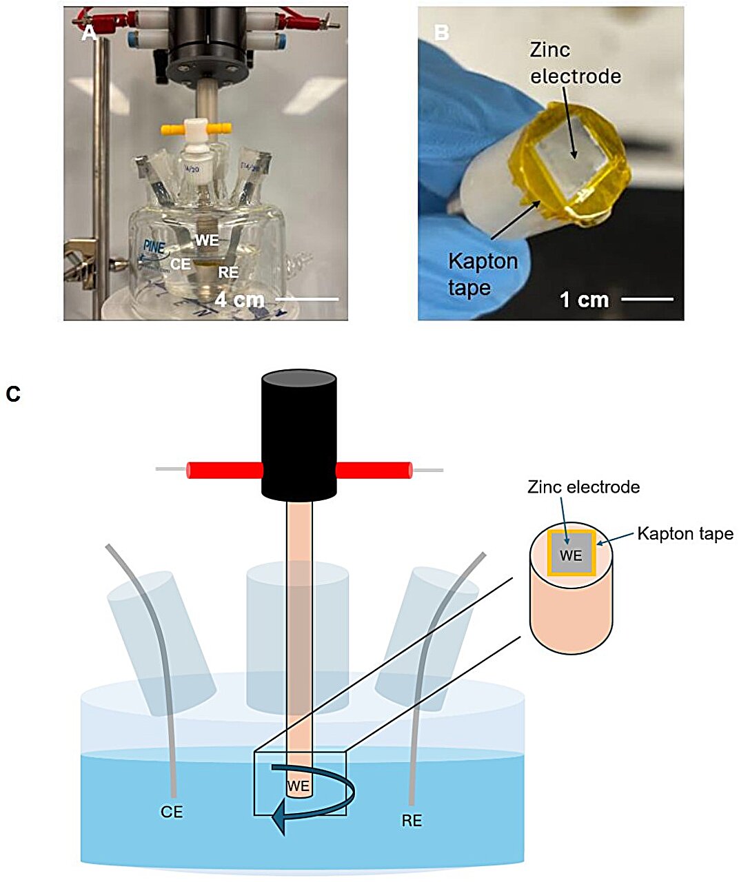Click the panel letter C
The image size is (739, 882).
(13, 393)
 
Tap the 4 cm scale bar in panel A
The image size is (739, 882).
(307, 300)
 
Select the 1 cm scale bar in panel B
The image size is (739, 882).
(647, 299)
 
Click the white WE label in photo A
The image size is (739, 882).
(207, 240)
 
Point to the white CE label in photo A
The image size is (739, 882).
(181, 264)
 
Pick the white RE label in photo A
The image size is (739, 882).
(228, 273)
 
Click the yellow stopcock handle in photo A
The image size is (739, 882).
(194, 128)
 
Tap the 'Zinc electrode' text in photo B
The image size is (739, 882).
(575, 63)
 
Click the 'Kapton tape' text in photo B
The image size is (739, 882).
(483, 273)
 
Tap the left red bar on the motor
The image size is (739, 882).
(225, 470)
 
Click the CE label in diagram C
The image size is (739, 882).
(172, 812)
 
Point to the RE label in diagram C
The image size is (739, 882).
(411, 821)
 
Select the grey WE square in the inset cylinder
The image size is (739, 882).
(571, 555)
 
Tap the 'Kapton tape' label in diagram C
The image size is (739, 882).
(685, 533)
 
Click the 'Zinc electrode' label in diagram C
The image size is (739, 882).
(583, 487)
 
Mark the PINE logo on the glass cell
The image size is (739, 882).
(155, 247)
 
